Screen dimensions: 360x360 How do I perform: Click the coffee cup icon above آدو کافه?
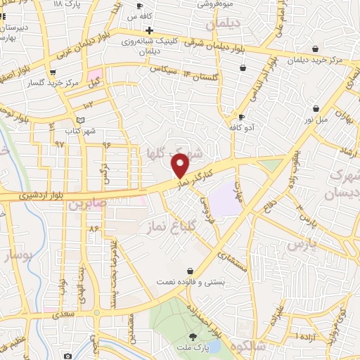click(241, 117)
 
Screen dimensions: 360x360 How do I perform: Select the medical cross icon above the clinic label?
click(149, 30)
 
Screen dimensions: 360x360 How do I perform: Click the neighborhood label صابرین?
click(86, 205)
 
